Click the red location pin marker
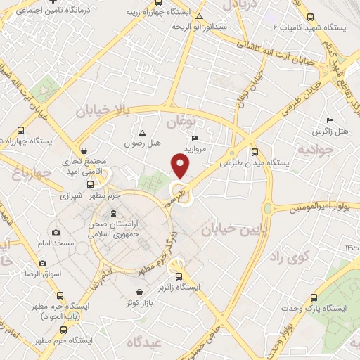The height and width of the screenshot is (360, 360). tap(180, 167)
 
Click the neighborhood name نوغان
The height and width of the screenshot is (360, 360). tap(180, 123)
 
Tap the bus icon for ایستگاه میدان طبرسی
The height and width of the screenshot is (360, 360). tap(255, 151)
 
